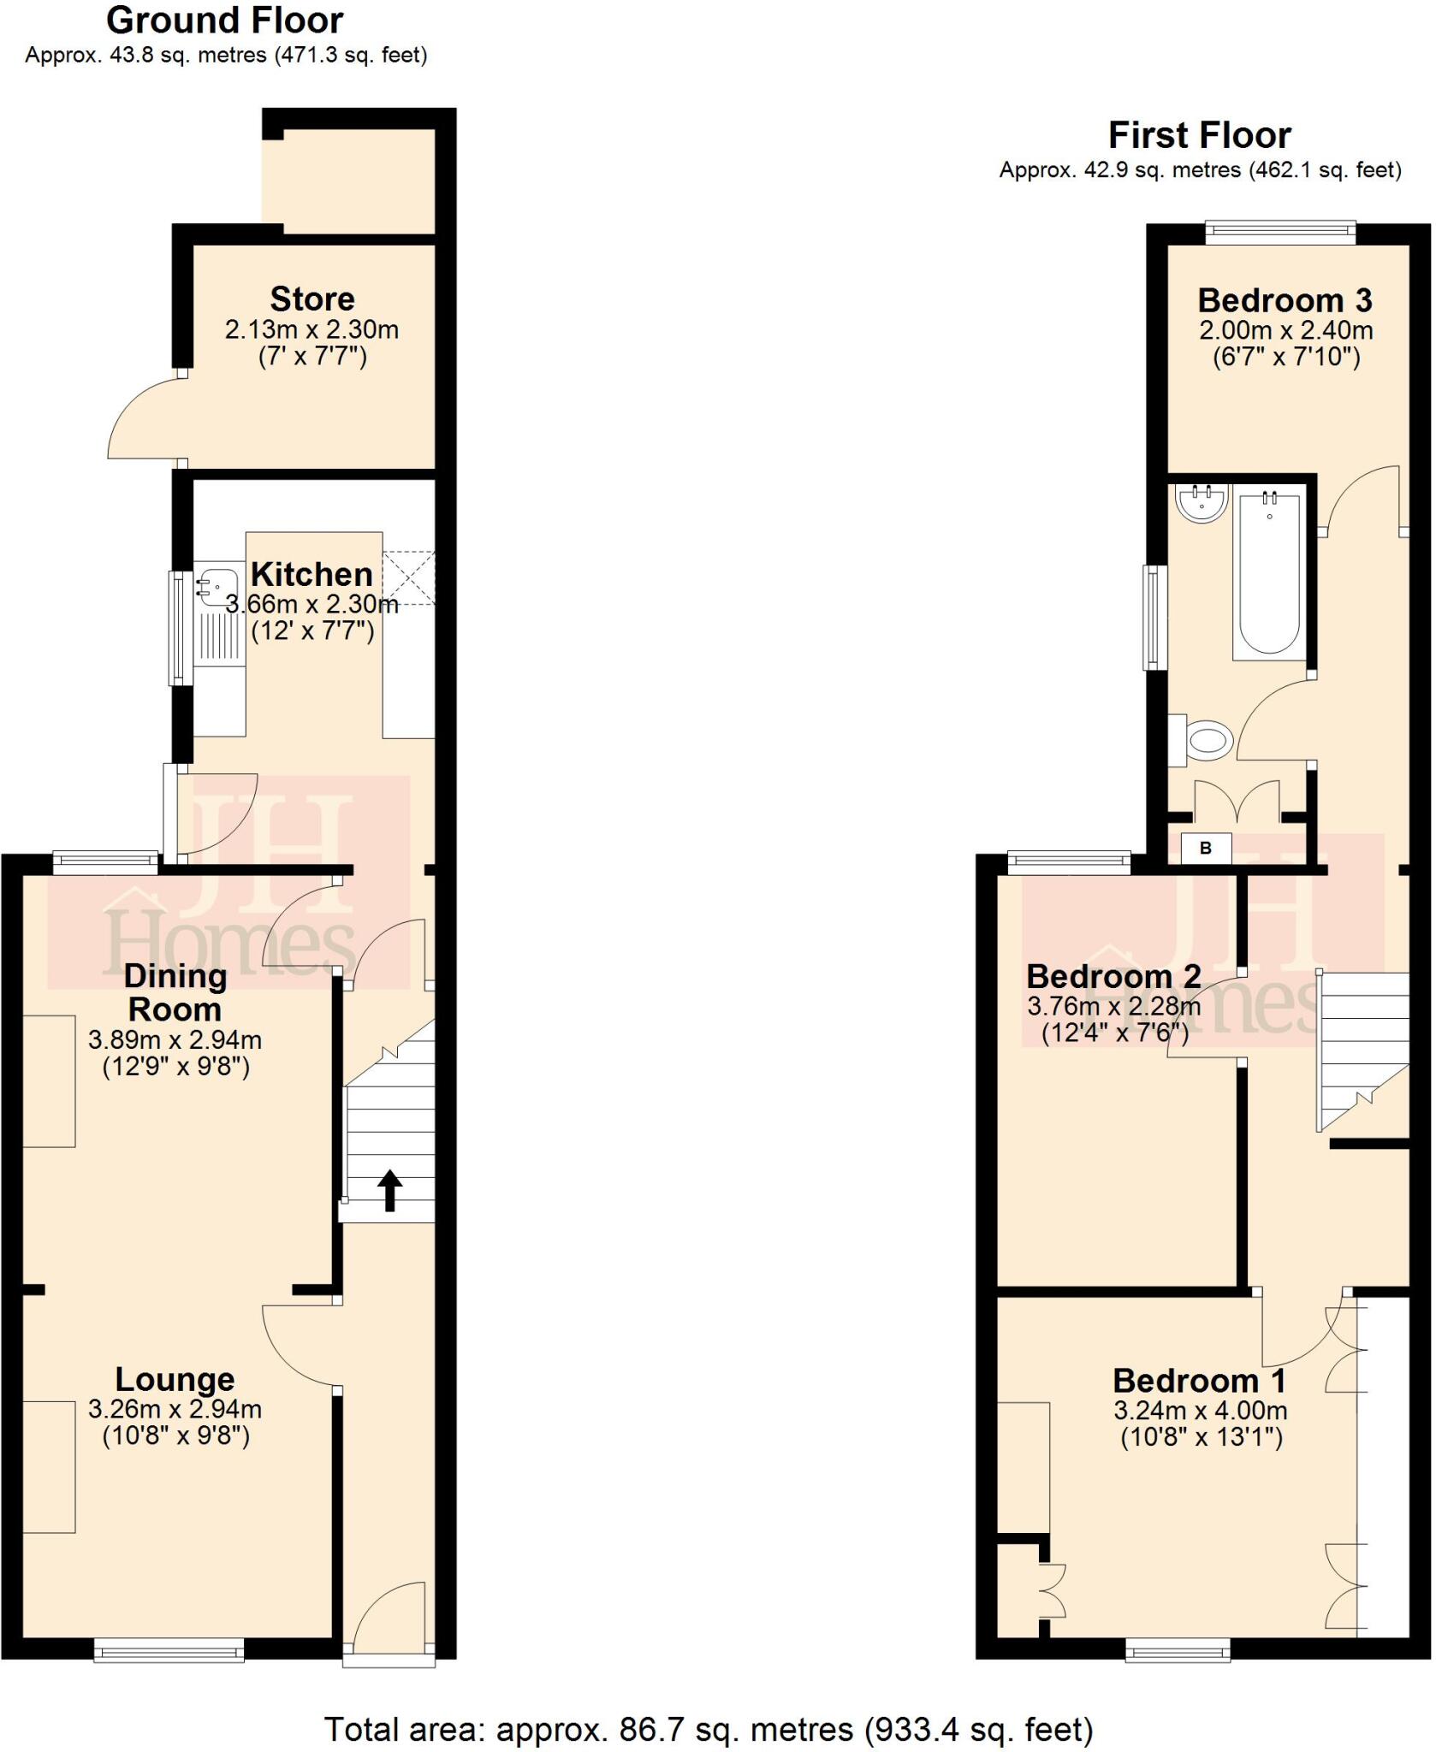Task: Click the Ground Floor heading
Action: tap(225, 21)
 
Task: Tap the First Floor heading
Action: tap(1199, 135)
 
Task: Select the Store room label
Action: tap(312, 299)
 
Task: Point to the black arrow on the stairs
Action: tap(389, 1190)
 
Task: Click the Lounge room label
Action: tap(175, 1379)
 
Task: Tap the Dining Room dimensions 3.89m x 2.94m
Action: tap(175, 1040)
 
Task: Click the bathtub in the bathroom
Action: tap(1269, 573)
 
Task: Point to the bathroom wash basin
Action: tap(1202, 502)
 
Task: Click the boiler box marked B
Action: tap(1206, 849)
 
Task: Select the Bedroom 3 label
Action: tap(1285, 300)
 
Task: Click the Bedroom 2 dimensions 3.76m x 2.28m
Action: tap(1113, 1006)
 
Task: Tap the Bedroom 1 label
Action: tap(1199, 1381)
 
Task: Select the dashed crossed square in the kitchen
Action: tap(409, 578)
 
